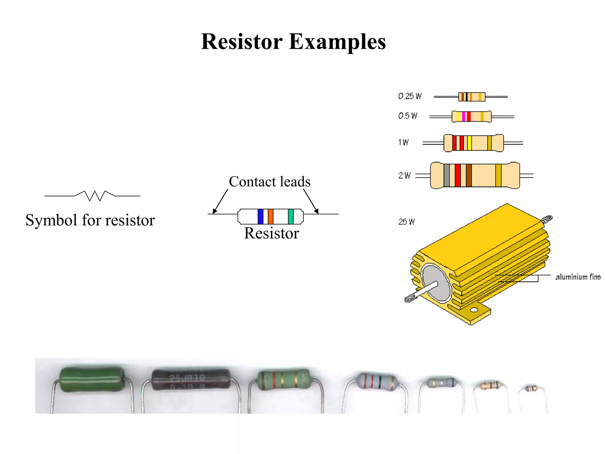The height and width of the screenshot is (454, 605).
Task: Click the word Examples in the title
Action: (x=337, y=42)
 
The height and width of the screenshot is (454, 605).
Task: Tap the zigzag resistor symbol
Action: (x=95, y=195)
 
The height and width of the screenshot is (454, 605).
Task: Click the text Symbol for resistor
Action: (x=90, y=220)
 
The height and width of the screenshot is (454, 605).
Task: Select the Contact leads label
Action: (x=269, y=181)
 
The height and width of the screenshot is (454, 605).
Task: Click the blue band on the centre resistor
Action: (x=260, y=216)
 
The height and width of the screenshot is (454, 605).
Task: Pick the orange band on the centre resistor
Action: (x=271, y=216)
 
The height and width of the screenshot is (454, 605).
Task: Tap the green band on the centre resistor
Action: (x=291, y=216)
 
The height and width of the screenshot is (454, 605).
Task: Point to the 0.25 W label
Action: (x=410, y=96)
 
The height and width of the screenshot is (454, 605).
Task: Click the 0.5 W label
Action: (x=408, y=116)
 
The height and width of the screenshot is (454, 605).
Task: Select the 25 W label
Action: (x=406, y=222)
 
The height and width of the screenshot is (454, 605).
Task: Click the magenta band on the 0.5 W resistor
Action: (x=463, y=116)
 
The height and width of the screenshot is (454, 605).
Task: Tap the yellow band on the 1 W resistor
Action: (x=469, y=143)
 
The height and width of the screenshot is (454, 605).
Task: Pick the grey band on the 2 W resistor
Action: (x=446, y=175)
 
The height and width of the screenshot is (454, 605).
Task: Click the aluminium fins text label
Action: (x=578, y=277)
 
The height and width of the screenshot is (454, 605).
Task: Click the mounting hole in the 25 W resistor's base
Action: (x=474, y=310)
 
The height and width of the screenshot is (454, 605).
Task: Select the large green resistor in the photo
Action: (x=92, y=379)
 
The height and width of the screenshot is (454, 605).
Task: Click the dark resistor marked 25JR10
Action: (x=191, y=380)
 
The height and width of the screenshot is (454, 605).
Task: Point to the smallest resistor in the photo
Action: (x=532, y=388)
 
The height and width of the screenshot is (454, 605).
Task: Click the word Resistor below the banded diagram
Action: (x=271, y=233)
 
